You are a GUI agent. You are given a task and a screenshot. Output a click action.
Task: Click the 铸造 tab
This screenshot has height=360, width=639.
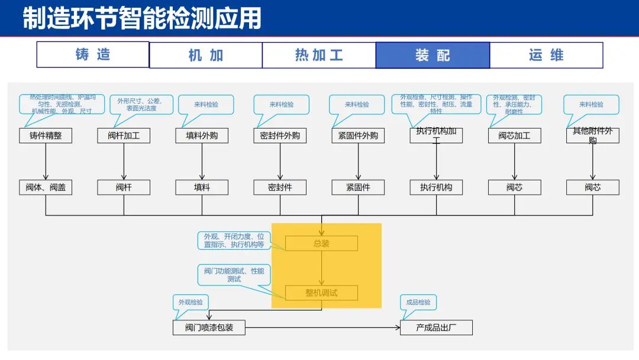93,54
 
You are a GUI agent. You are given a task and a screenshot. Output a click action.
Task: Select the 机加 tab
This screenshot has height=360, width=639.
205,55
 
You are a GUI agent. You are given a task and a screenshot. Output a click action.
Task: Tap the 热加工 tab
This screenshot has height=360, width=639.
319,55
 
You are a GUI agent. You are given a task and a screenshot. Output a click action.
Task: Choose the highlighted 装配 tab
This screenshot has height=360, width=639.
433,55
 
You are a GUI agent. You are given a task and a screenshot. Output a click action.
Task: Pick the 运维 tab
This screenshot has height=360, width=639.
546,55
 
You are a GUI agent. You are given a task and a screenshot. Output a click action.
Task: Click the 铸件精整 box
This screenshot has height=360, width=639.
46,136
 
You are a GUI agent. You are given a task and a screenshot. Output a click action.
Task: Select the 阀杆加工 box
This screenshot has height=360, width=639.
124,136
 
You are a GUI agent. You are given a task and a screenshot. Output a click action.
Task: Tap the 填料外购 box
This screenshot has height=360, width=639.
202,136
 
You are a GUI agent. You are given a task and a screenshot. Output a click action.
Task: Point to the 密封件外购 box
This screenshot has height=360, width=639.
280,136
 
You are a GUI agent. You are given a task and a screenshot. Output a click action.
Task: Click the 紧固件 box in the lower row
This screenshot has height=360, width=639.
358,188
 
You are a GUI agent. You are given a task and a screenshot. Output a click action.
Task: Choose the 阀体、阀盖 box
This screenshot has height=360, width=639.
46,188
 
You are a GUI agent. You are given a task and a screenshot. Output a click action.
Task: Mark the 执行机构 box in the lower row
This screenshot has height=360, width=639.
436,188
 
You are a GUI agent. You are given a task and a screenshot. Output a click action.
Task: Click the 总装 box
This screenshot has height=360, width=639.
321,243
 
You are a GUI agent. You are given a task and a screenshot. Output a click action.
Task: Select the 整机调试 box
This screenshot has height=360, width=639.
321,292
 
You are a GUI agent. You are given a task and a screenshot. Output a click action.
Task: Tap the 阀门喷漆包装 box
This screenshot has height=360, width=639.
209,327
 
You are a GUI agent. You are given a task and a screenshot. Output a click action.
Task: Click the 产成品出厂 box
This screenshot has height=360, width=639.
436,327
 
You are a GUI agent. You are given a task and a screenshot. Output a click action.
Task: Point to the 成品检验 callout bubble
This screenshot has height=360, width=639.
418,303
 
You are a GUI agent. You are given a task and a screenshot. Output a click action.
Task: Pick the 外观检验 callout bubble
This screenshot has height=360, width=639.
191,303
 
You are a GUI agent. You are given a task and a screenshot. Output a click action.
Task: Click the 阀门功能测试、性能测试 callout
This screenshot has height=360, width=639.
234,275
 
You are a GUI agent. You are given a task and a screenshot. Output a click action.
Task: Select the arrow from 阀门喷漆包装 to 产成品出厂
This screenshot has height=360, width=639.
322,327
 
